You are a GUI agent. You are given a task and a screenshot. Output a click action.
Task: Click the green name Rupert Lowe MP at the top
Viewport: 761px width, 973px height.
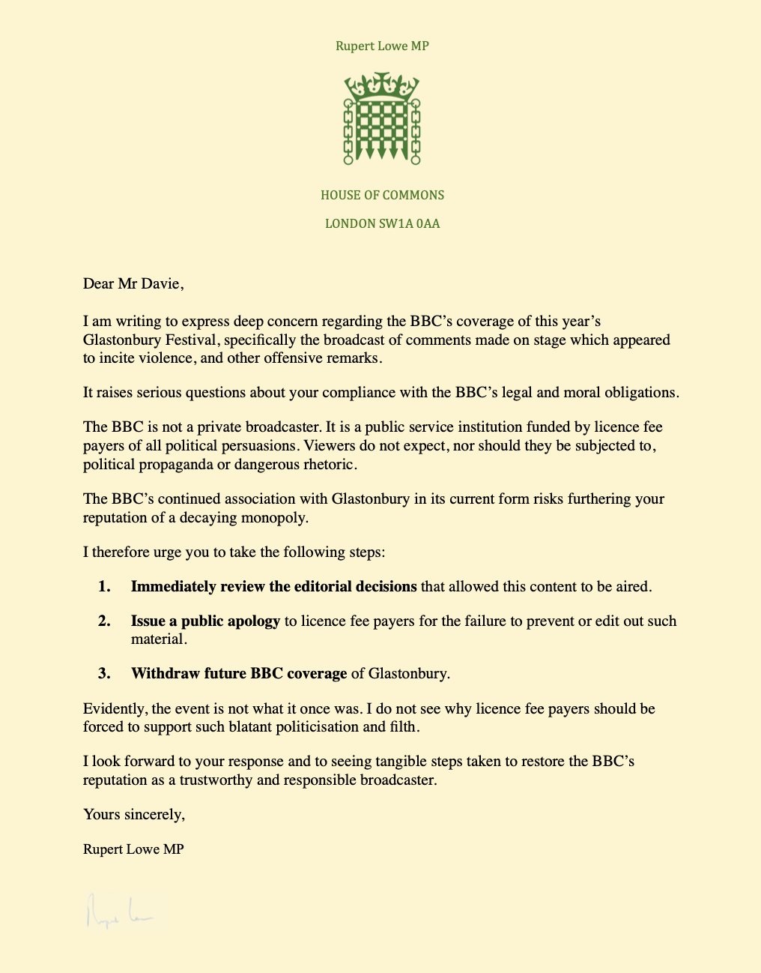382,46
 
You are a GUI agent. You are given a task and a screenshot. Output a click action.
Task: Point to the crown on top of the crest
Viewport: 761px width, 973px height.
382,85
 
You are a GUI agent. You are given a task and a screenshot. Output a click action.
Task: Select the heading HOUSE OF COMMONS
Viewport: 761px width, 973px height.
382,195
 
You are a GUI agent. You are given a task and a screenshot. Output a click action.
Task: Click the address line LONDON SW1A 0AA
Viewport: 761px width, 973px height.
382,223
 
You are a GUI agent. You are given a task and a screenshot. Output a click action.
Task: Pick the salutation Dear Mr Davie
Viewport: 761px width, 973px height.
133,283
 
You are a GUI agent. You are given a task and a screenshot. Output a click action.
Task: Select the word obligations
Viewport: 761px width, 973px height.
641,392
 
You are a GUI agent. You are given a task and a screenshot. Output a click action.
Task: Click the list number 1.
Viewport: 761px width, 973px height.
104,586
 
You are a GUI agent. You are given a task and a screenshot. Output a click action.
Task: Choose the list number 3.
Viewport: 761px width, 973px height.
104,673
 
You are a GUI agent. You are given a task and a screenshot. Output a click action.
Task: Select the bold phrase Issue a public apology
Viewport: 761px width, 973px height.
205,621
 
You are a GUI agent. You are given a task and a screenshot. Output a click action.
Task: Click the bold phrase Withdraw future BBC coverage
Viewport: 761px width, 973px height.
239,673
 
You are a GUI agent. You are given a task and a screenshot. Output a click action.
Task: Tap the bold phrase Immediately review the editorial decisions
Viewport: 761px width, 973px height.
273,586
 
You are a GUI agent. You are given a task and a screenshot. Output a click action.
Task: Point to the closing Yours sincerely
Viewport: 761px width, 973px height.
134,814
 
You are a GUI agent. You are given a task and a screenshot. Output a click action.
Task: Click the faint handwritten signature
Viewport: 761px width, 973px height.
118,911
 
